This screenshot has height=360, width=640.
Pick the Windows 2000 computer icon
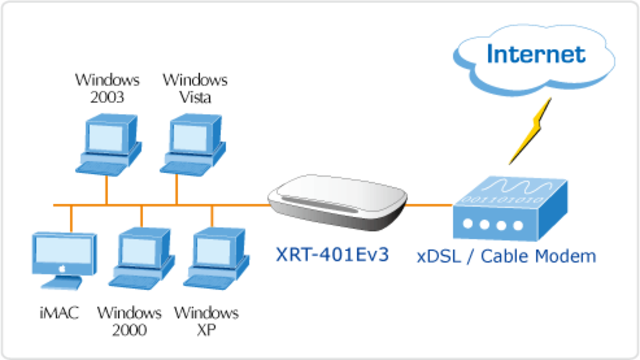(143, 259)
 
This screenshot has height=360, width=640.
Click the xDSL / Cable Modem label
(506, 256)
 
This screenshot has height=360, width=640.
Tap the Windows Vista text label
(195, 87)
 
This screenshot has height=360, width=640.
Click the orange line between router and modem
(431, 206)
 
